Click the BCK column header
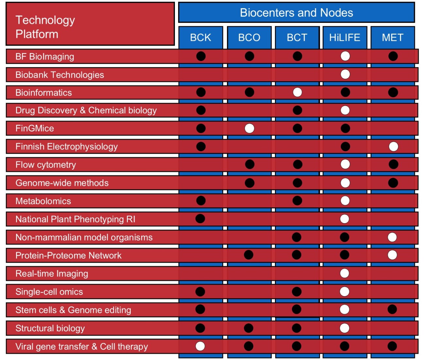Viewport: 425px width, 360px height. pos(200,37)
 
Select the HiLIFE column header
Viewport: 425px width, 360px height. pos(345,37)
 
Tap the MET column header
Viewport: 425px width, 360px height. pos(393,37)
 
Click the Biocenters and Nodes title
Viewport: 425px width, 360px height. pos(296,13)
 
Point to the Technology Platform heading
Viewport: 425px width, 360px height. pos(45,27)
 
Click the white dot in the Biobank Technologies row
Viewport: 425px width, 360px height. pos(345,74)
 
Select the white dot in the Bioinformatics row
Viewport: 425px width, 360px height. pos(297,92)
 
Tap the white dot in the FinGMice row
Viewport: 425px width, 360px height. pos(249,128)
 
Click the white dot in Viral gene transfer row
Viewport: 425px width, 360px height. pos(200,346)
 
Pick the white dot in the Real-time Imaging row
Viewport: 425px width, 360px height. pos(345,273)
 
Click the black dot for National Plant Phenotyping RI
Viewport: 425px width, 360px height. pos(200,218)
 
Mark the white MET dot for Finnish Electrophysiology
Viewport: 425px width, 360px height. pos(393,147)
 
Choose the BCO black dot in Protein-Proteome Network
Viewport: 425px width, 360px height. pos(248,255)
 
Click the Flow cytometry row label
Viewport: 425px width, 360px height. pos(45,165)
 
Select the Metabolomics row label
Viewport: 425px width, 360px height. pos(43,201)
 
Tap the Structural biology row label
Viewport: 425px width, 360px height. pos(50,328)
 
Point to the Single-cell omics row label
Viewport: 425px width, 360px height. pos(49,292)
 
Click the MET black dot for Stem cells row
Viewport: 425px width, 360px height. pos(392,309)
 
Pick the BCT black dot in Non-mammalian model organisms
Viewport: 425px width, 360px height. pos(297,237)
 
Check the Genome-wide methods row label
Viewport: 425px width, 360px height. pos(62,183)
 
